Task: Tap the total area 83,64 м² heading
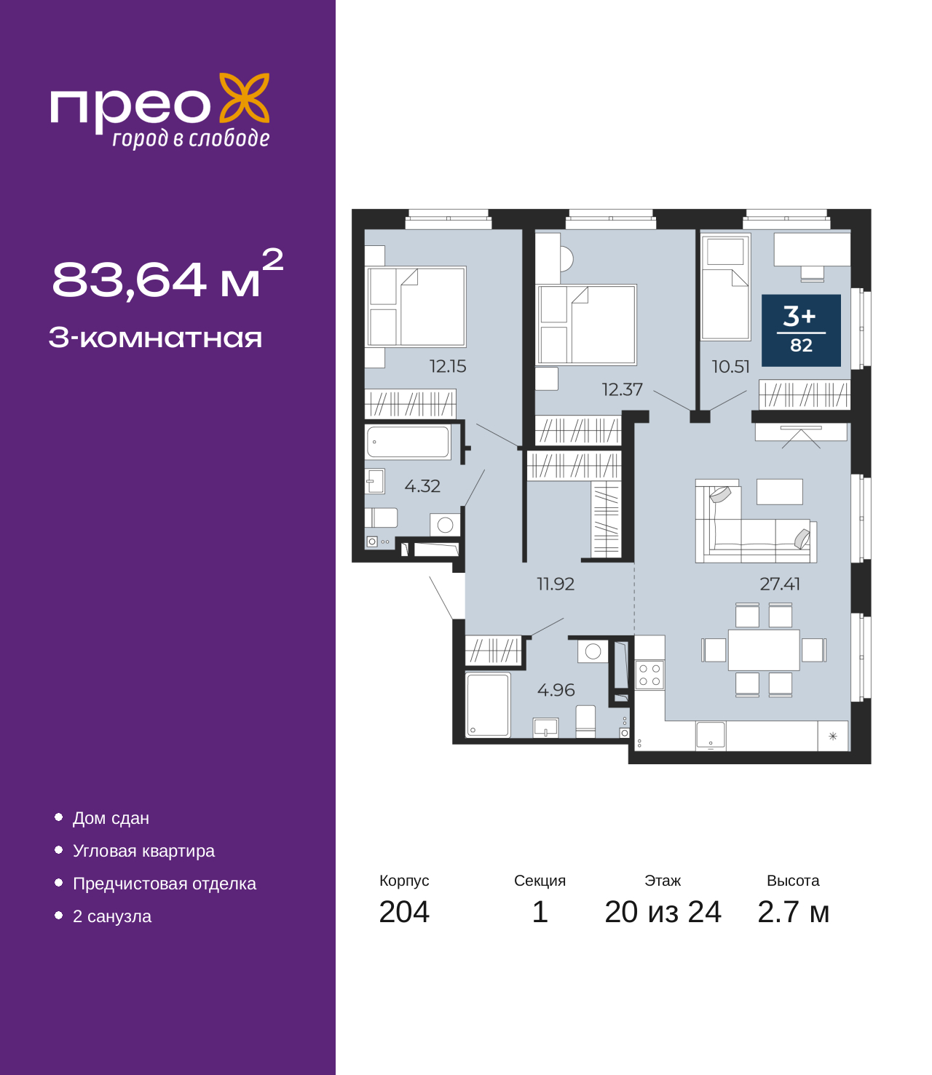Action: click(167, 277)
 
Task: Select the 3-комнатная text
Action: click(155, 338)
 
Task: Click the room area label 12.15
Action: click(447, 366)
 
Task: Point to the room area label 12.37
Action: click(622, 389)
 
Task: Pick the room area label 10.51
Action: click(730, 366)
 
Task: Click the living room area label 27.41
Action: click(780, 584)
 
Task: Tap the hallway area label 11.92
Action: click(556, 584)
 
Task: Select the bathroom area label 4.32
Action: click(422, 485)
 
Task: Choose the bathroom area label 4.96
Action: click(556, 689)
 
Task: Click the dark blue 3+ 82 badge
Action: click(801, 330)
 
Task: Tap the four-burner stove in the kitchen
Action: click(649, 675)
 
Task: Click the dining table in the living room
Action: click(764, 650)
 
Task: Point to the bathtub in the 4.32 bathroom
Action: click(408, 442)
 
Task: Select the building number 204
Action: click(404, 912)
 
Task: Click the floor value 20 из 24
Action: click(663, 912)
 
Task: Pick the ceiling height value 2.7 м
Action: click(793, 912)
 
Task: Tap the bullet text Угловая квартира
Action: click(143, 851)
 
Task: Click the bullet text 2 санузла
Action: click(112, 916)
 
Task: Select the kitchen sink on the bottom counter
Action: click(711, 735)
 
